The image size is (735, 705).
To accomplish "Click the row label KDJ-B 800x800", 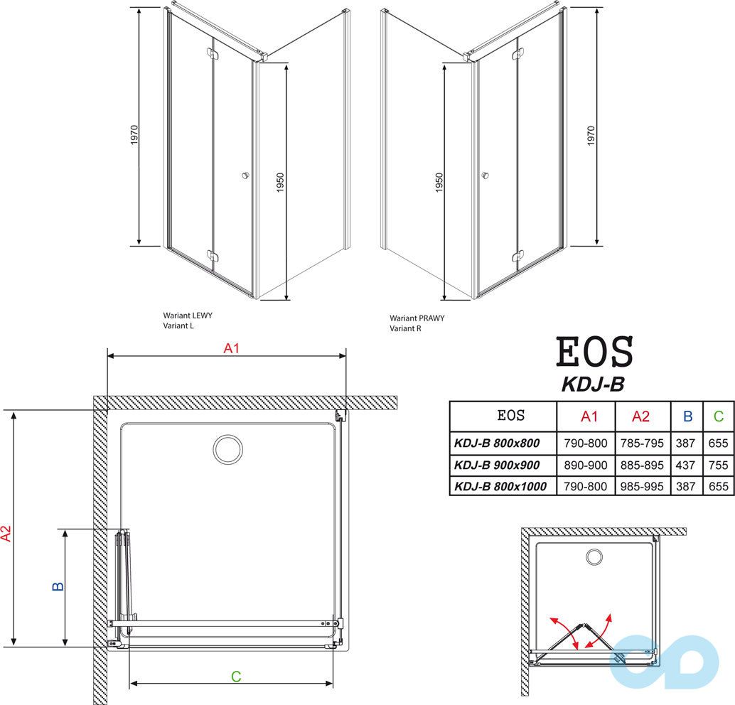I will coord(496,443).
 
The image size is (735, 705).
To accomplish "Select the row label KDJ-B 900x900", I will coord(496,465).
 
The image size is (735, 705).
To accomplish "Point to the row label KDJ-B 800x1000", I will coord(500,487).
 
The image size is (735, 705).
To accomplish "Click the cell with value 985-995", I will coord(641,487).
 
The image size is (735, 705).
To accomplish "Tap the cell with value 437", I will coord(687,465).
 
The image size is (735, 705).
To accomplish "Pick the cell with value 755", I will coord(718,465).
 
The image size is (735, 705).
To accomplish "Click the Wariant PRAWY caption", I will coord(417,318).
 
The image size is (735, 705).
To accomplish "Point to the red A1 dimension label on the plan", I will coord(230,348).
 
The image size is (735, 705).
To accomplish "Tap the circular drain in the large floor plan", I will coord(228,448).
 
